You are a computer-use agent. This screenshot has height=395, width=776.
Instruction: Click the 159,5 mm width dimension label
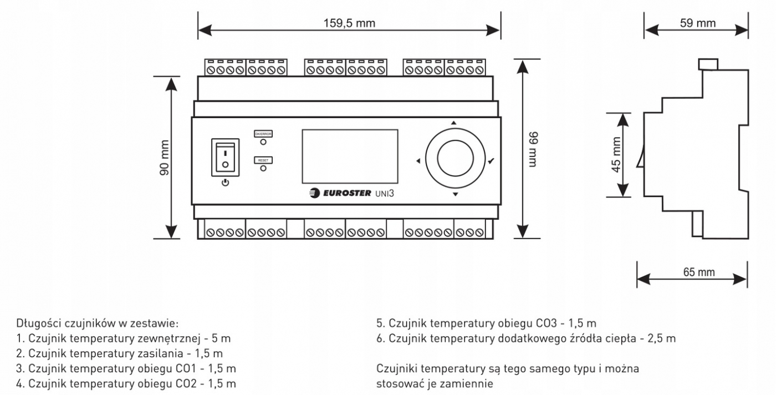[x=350, y=23]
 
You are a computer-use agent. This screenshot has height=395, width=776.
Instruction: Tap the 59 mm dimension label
[x=697, y=23]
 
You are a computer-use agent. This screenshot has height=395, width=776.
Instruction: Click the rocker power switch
[x=225, y=157]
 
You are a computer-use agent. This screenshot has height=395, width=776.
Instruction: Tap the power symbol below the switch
[x=225, y=182]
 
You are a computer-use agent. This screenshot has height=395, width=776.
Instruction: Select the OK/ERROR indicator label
[x=263, y=134]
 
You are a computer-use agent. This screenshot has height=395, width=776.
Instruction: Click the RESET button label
[x=263, y=160]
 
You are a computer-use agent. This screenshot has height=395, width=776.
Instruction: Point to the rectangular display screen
[x=350, y=156]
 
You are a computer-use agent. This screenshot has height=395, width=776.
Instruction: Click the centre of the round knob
[x=455, y=158]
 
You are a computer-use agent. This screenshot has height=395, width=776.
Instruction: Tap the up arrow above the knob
[x=454, y=122]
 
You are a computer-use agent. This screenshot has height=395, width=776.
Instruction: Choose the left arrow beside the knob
[x=417, y=161]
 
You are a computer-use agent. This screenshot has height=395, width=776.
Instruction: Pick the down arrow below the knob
[x=455, y=195]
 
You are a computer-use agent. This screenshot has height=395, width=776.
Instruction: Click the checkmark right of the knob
[x=491, y=161]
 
